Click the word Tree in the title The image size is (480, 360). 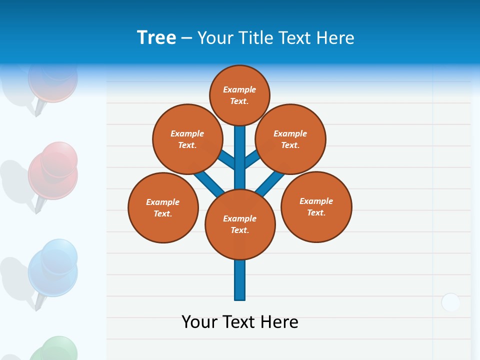156,38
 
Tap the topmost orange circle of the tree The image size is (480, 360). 239,95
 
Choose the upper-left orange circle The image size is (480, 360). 187,139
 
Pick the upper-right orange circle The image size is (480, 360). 290,139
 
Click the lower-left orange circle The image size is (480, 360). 163,207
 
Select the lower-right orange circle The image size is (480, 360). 316,206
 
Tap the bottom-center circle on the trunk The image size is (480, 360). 240,224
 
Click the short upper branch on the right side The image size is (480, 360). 251,158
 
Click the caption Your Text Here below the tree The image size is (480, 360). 240,322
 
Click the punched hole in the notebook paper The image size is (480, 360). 450,302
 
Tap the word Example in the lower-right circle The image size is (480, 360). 316,201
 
